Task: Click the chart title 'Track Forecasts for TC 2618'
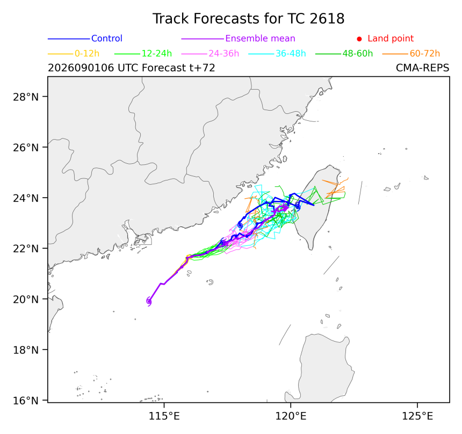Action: [x=248, y=19]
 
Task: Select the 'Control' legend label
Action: [x=107, y=38]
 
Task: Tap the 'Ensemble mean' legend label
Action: [x=260, y=38]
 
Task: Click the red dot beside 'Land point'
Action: [x=359, y=39]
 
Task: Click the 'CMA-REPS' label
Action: [x=423, y=68]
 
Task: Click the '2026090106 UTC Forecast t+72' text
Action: [x=132, y=68]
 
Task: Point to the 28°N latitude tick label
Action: [x=26, y=97]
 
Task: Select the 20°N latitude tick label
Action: [x=26, y=299]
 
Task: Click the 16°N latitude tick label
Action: [x=26, y=401]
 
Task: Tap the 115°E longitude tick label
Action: [x=164, y=416]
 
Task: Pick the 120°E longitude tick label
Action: [x=291, y=416]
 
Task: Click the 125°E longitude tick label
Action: [x=417, y=416]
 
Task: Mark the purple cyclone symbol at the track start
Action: [x=149, y=301]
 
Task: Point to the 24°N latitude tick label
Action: [x=26, y=198]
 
